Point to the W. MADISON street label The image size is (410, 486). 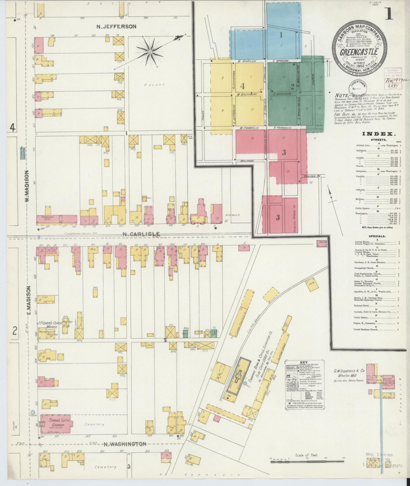(27, 186)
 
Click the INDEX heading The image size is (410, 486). (378, 134)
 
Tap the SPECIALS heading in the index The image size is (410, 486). (377, 236)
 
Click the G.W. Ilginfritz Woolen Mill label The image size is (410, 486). (347, 373)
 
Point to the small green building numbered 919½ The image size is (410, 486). (186, 334)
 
